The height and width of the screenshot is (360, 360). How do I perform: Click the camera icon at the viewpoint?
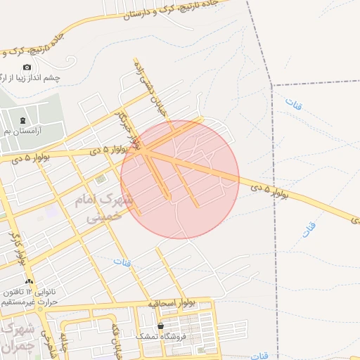27,67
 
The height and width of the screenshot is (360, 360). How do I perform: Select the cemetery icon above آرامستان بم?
23,121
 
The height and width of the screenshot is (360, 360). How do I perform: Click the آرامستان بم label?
38,131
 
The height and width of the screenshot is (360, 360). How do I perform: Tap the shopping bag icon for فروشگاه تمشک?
162,326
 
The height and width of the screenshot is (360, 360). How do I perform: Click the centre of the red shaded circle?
180,179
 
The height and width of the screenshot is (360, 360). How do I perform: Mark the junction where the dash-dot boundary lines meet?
272,86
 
